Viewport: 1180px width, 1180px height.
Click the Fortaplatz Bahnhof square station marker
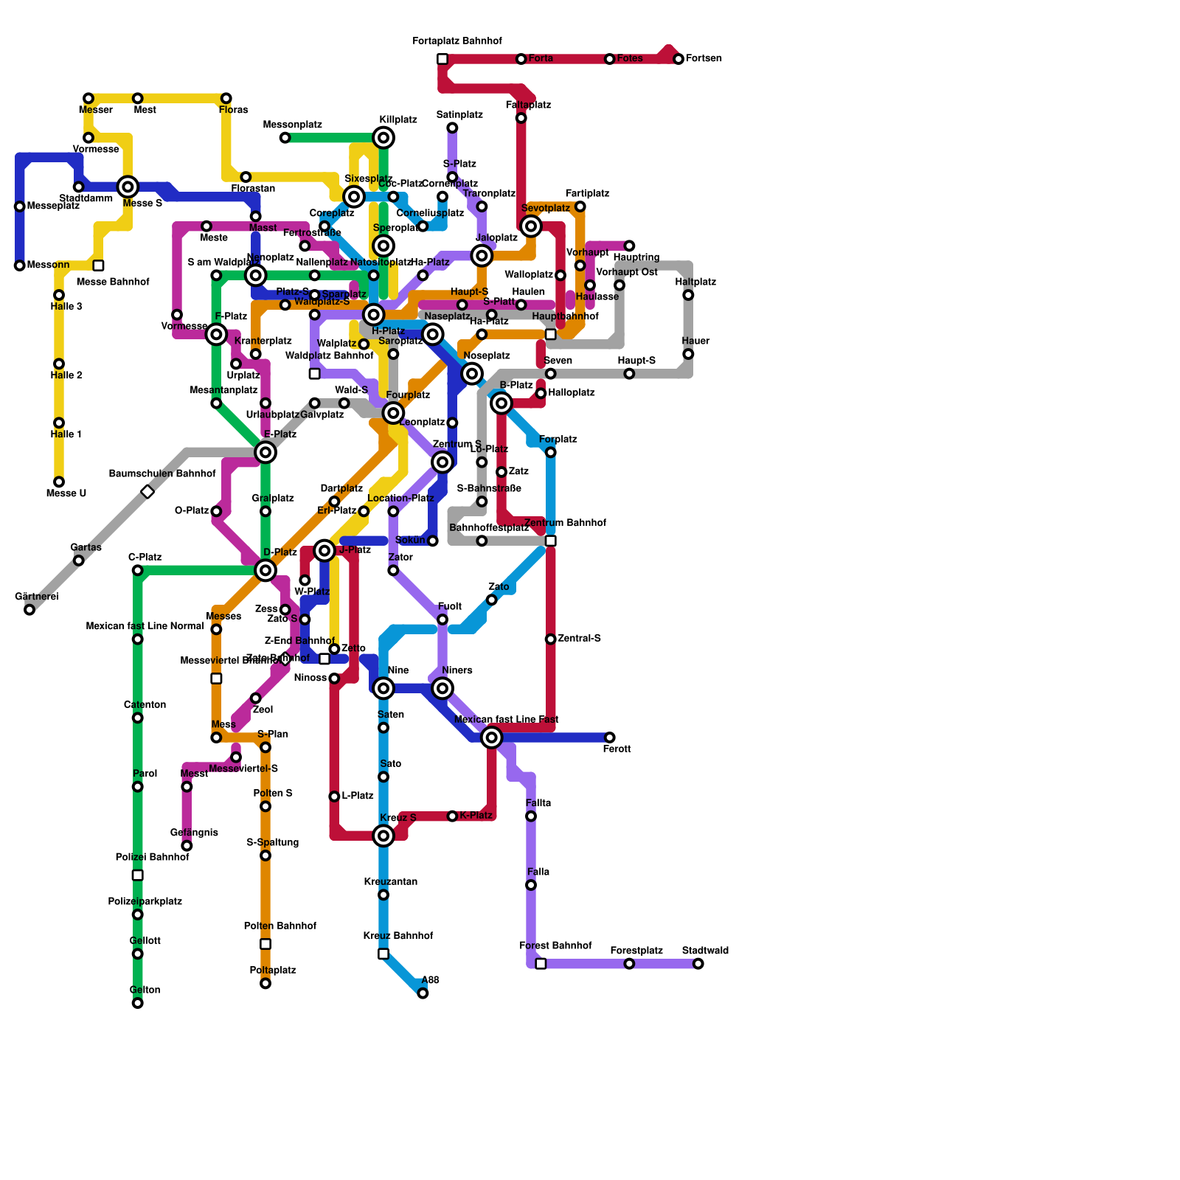[442, 59]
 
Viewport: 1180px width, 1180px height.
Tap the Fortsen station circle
[678, 59]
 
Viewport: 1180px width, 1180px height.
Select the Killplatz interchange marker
[383, 137]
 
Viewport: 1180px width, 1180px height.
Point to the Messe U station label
[66, 493]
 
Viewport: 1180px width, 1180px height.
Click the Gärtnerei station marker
[29, 609]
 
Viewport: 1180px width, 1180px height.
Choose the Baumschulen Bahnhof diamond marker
[147, 491]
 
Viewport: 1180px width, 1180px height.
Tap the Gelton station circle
[137, 1003]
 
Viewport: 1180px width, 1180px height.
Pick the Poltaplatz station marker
[265, 983]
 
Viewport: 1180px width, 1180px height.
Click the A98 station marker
[423, 993]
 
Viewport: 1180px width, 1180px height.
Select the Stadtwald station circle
[698, 964]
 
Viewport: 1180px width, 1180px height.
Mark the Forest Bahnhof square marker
[541, 964]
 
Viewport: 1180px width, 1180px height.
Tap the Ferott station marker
[610, 737]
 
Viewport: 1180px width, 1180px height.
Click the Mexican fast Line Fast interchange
[492, 737]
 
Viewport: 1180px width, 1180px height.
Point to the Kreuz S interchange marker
[383, 836]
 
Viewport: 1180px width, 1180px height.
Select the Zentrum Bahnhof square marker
[551, 541]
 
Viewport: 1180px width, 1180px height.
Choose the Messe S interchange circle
[128, 187]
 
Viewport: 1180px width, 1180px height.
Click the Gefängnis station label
[194, 833]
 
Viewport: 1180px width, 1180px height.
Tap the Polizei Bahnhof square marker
[137, 875]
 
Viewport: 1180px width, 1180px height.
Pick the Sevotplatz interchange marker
[531, 226]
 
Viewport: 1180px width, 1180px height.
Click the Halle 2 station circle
[59, 364]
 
